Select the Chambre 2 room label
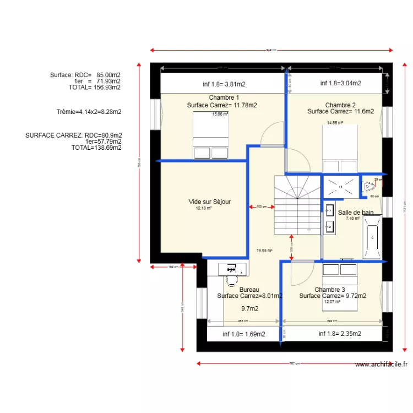click(340, 105)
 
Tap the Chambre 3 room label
click(330, 290)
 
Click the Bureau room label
click(249, 289)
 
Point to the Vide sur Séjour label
click(209, 202)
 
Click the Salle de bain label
click(356, 212)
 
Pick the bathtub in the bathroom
click(372, 238)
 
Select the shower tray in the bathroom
click(340, 186)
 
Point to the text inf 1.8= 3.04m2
click(340, 83)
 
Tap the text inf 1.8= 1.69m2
click(244, 334)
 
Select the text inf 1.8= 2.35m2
click(340, 333)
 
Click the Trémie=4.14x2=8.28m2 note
click(89, 112)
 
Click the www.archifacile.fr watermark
click(381, 364)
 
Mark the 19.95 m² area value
click(264, 251)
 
